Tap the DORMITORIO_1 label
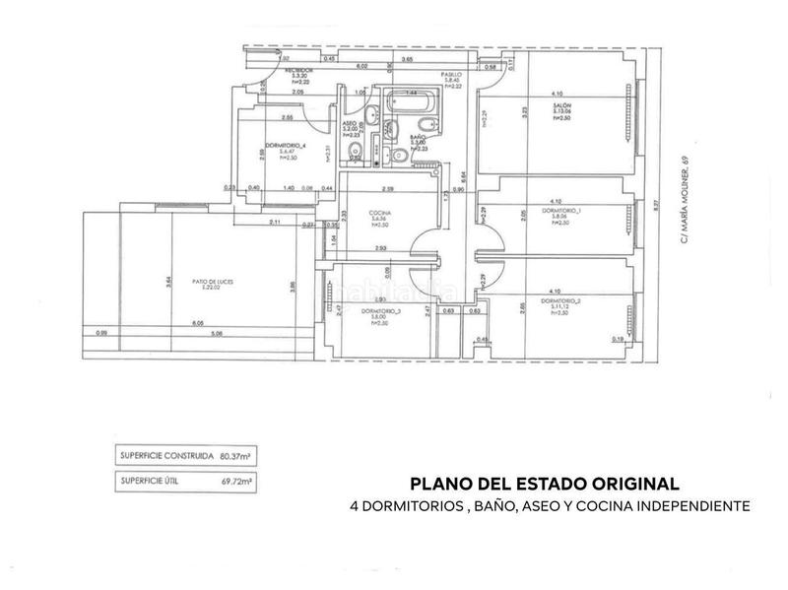point(560,210)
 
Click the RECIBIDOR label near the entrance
point(299,71)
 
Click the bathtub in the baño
point(412,101)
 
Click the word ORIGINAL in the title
point(631,484)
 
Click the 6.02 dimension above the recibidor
point(361,64)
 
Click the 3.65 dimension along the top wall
point(406,59)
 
